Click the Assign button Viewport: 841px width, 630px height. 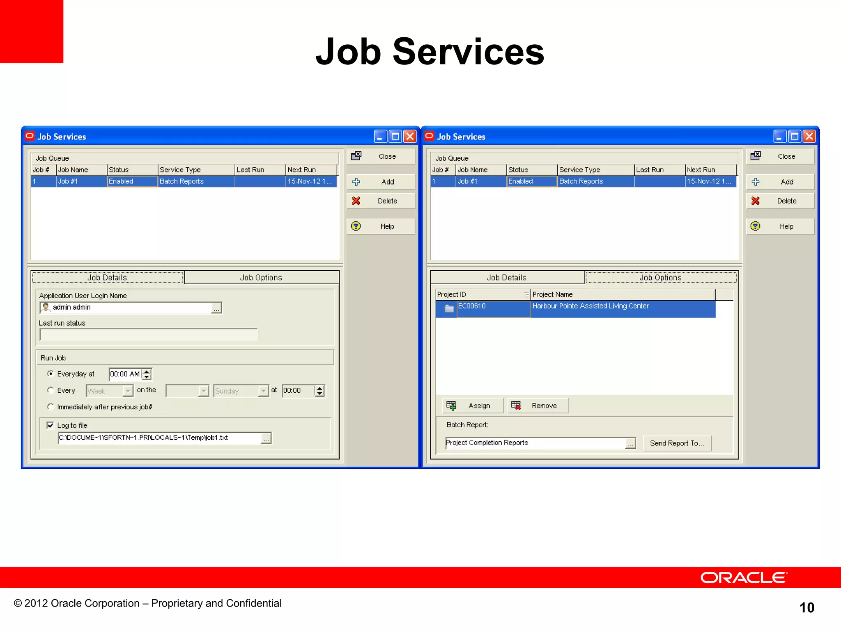coord(473,406)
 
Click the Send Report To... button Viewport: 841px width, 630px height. coord(677,443)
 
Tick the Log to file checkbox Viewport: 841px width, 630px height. coord(50,425)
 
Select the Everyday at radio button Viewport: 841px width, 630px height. coord(51,374)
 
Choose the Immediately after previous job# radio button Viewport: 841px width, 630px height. coord(51,407)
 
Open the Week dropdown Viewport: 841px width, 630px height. coord(128,391)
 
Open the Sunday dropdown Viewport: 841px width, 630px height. coord(263,391)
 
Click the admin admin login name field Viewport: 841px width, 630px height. coord(127,308)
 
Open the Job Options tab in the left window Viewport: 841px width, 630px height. coord(262,278)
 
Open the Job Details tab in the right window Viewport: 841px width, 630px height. coord(507,278)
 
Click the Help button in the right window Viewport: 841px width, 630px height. coord(780,226)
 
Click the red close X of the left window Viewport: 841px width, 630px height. coord(410,137)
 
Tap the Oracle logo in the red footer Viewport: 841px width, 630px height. coord(744,577)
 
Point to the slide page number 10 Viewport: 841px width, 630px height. coord(807,607)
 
